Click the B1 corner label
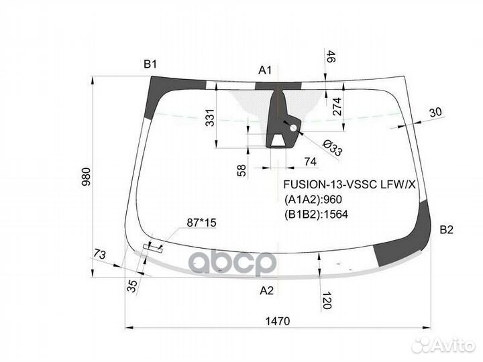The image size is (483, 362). click(x=150, y=64)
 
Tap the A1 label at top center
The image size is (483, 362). click(x=266, y=70)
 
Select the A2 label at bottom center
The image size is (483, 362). click(x=266, y=290)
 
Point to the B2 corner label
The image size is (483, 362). click(x=446, y=230)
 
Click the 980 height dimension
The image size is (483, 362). click(x=85, y=176)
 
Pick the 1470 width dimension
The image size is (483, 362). click(x=276, y=322)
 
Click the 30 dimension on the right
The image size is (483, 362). click(x=435, y=113)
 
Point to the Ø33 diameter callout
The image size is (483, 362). click(x=331, y=149)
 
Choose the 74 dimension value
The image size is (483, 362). click(x=310, y=162)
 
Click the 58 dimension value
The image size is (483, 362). click(x=242, y=170)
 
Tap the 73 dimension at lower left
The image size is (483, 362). click(x=99, y=255)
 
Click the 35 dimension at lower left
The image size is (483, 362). click(x=131, y=286)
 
